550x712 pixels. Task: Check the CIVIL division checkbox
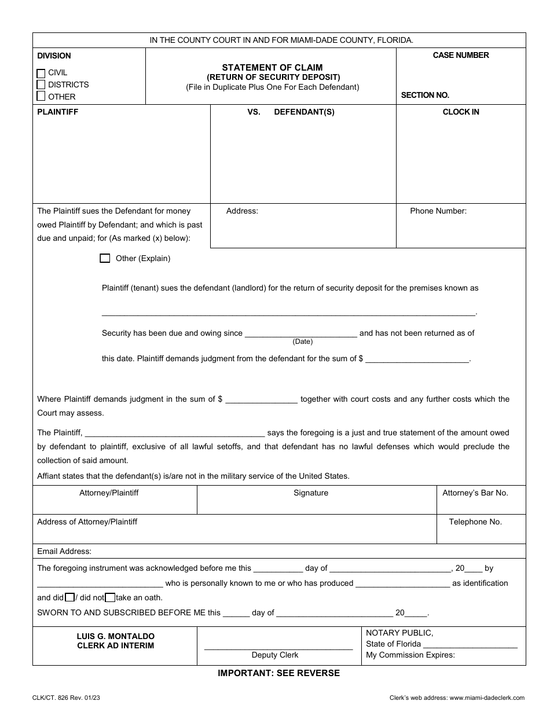click(41, 74)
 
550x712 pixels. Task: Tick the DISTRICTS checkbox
click(41, 85)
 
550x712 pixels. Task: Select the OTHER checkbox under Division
click(41, 96)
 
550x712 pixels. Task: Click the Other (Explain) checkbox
click(105, 259)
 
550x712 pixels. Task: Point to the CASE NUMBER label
click(461, 56)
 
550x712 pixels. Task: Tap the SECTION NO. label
click(425, 95)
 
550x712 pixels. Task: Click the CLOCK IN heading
click(461, 112)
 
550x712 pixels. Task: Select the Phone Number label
click(438, 211)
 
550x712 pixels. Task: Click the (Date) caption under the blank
click(302, 342)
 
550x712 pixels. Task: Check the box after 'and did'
click(69, 597)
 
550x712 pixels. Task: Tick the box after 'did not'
click(110, 597)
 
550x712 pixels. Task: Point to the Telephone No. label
click(475, 522)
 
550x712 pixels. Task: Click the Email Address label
click(64, 552)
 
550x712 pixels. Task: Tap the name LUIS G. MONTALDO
click(116, 636)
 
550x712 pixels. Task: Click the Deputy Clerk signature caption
click(275, 655)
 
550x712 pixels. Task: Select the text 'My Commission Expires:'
click(410, 655)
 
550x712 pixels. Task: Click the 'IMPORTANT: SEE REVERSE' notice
click(278, 673)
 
